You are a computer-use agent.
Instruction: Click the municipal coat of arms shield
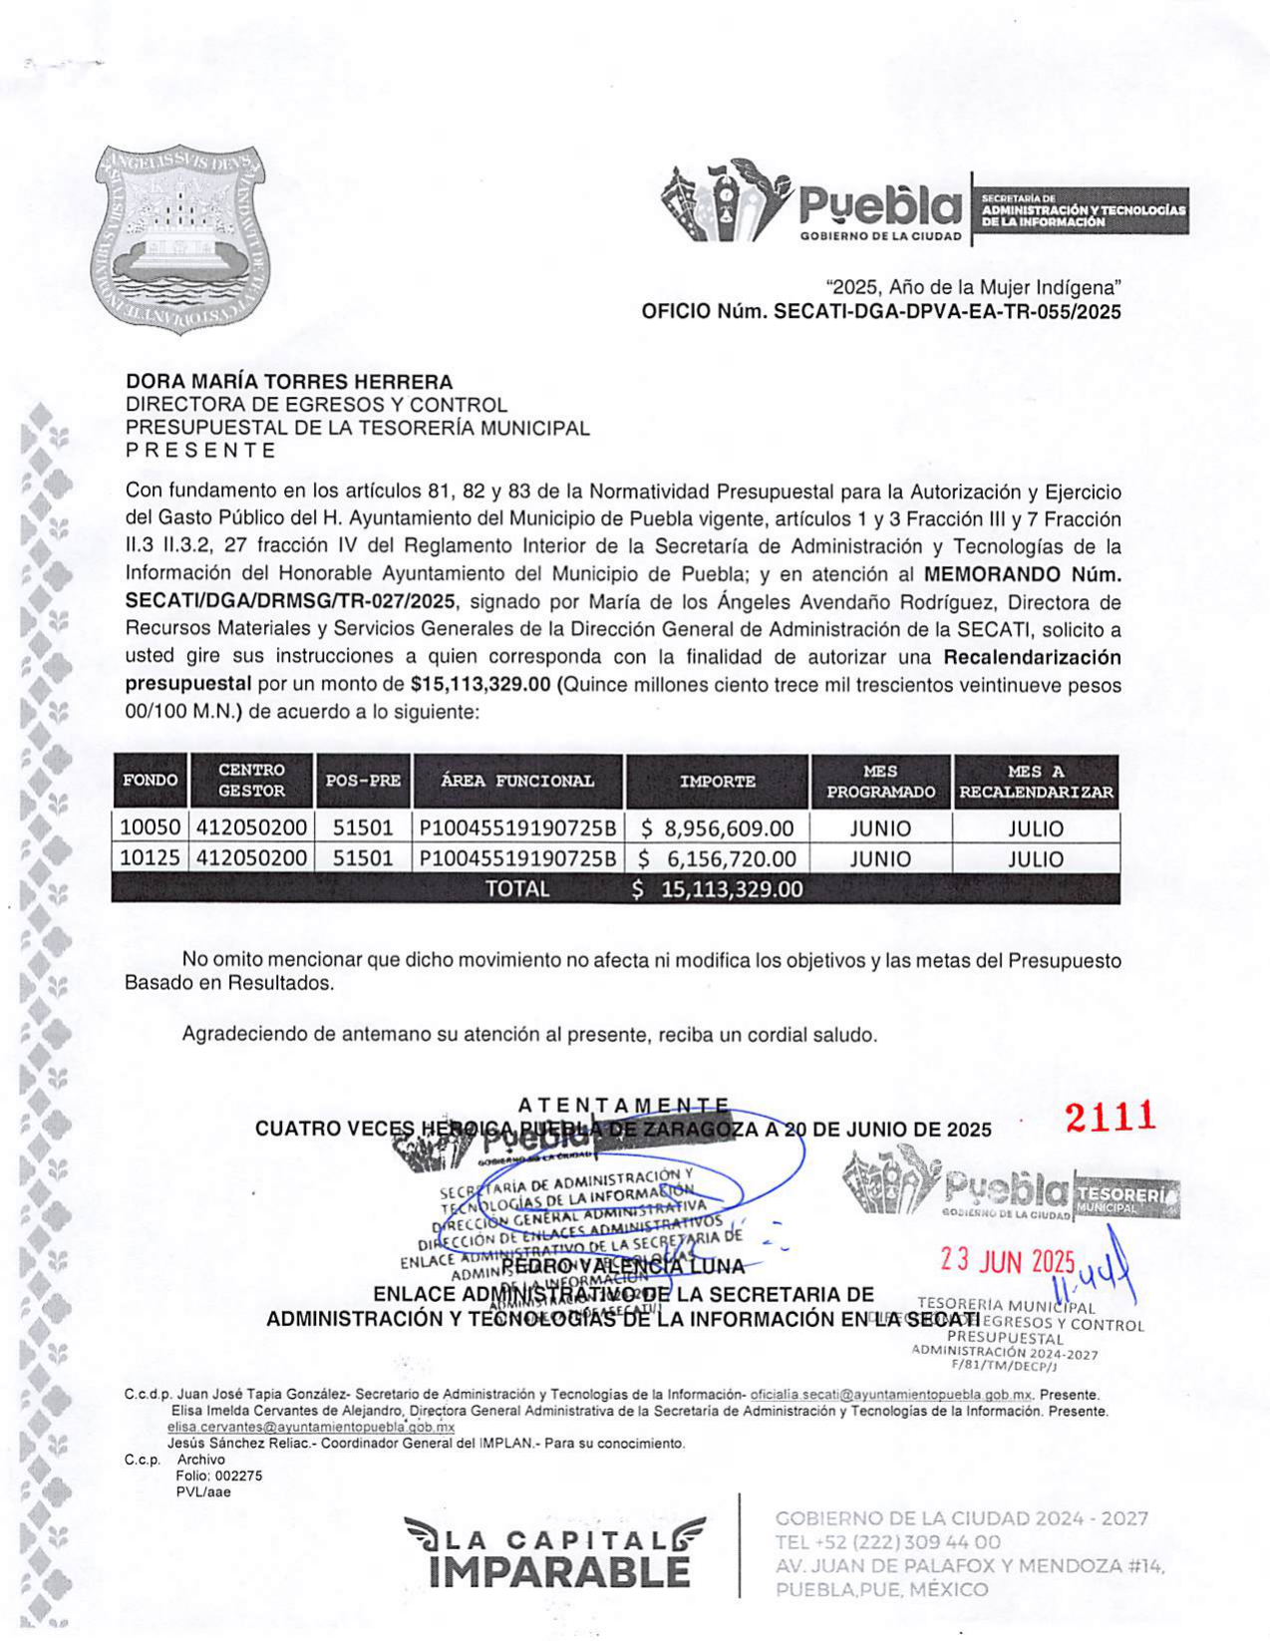point(178,239)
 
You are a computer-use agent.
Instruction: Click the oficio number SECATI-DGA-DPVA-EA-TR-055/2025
point(947,312)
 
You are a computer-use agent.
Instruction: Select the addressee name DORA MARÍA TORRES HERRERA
point(289,382)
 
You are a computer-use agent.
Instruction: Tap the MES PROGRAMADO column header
point(880,782)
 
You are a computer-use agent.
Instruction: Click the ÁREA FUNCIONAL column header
point(517,782)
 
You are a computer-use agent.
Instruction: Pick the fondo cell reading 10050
point(151,828)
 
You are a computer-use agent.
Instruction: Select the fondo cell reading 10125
point(151,858)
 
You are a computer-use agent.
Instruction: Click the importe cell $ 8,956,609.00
point(718,828)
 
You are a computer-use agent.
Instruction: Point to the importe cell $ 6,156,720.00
point(718,858)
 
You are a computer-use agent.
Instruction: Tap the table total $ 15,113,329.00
point(718,889)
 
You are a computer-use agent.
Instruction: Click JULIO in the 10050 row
point(1036,828)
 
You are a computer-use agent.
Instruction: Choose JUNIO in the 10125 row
point(880,858)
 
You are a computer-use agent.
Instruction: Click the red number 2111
point(1111,1118)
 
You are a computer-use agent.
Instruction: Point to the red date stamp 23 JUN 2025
point(1007,1261)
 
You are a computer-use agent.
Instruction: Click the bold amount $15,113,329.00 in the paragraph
point(480,685)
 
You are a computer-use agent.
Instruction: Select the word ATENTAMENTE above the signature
point(623,1105)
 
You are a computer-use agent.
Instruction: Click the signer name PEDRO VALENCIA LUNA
point(623,1267)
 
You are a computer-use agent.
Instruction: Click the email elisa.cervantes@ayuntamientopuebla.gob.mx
point(311,1427)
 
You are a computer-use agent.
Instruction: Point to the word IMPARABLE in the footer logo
point(559,1572)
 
